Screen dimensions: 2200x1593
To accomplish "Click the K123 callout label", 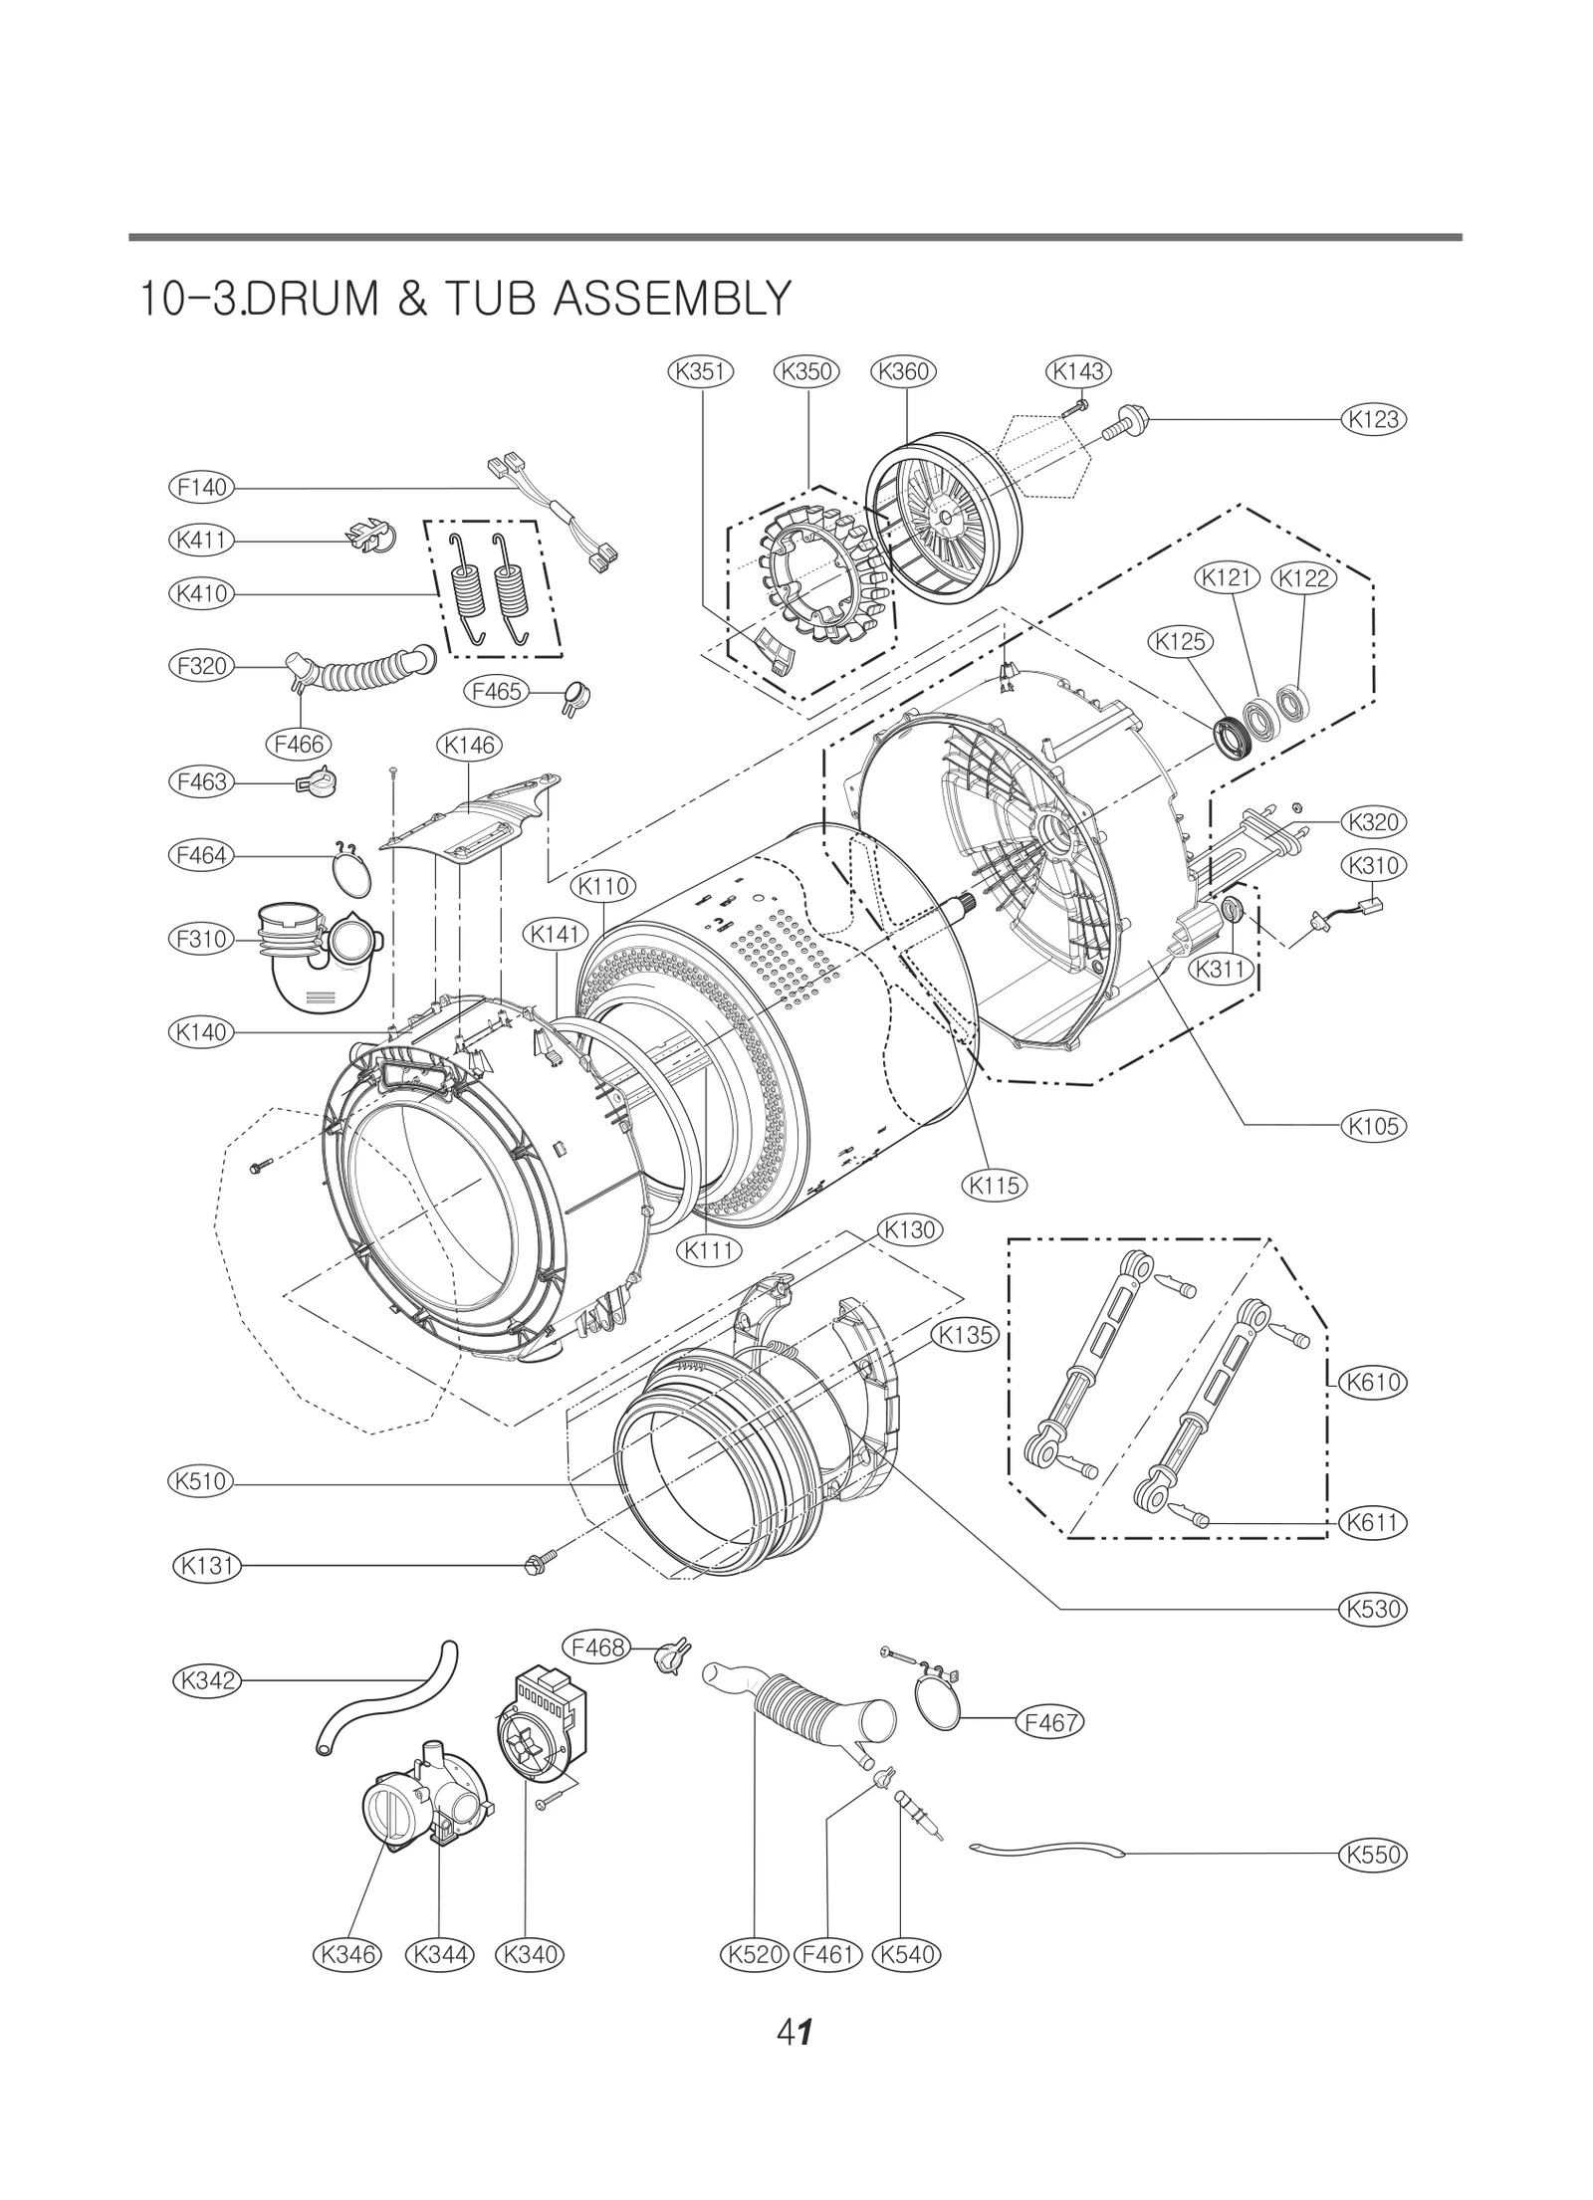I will pos(1374,419).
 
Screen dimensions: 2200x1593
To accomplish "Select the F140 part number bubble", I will pos(201,488).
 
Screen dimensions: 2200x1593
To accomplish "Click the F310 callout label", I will pos(201,939).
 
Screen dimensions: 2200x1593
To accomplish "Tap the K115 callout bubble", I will pos(995,1185).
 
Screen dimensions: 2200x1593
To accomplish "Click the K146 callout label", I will pos(470,745).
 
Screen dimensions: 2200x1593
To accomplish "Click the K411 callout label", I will pos(201,541).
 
